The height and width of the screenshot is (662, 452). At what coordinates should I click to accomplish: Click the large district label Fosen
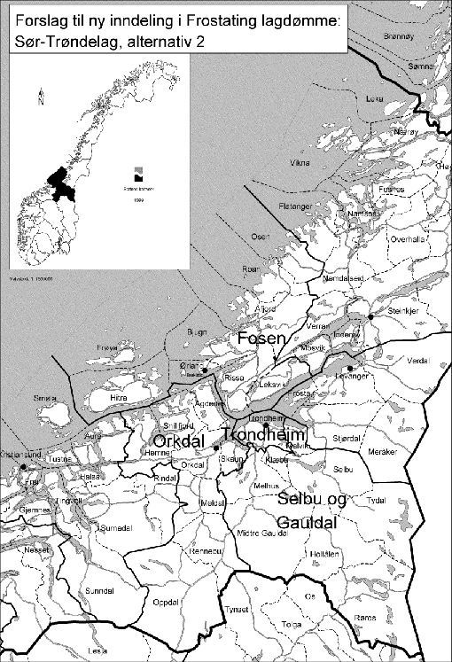coord(261,339)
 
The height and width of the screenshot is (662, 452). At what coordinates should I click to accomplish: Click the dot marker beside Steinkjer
coord(370,316)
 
